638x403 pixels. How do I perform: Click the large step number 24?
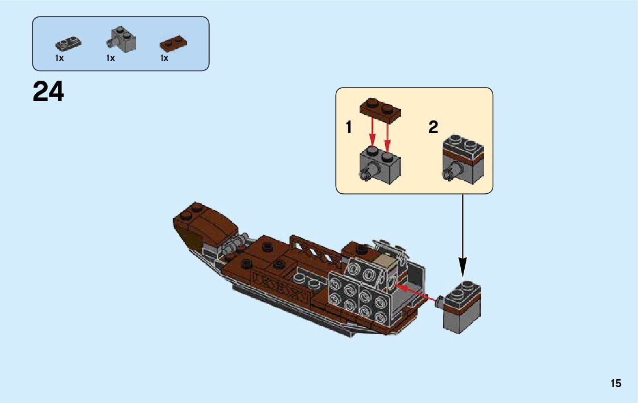(x=48, y=92)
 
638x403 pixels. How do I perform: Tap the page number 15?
(x=616, y=384)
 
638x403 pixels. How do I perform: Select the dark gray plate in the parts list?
(x=68, y=43)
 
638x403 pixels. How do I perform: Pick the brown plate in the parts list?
(x=174, y=43)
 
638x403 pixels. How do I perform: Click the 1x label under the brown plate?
(x=164, y=58)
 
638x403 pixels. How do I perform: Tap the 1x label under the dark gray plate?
(x=59, y=58)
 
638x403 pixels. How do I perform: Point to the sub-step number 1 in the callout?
(x=349, y=128)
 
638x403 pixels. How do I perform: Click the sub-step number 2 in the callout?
(x=433, y=127)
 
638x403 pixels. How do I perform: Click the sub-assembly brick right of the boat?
(x=461, y=307)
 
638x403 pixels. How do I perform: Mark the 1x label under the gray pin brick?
(x=110, y=58)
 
